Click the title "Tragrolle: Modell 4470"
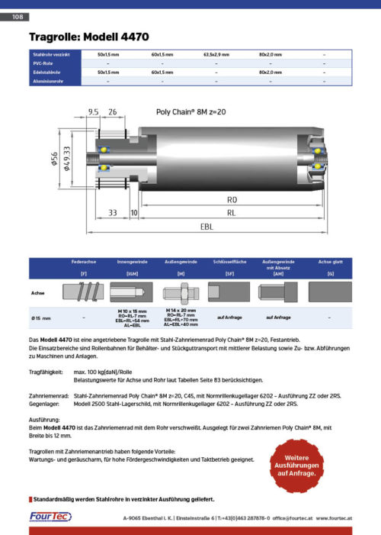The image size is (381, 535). [88, 37]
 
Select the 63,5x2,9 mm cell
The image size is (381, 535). [216, 55]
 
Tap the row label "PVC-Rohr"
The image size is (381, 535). [43, 63]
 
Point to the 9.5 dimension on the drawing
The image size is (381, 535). [94, 111]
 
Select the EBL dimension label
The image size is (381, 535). [207, 227]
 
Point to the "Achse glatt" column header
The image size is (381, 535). [330, 261]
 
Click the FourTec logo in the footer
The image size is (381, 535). [51, 517]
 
